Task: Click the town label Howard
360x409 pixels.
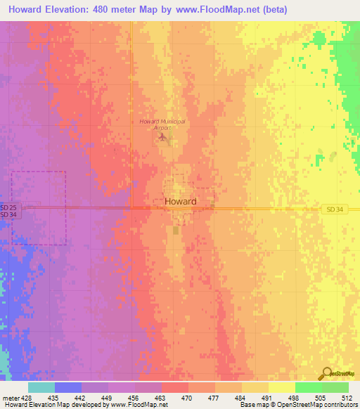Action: pos(180,202)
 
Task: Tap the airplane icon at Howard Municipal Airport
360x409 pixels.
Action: pos(163,136)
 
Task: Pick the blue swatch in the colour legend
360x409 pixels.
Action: pos(67,387)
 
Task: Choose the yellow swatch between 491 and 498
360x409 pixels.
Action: pos(281,387)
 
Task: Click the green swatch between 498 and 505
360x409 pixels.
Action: pos(308,387)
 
